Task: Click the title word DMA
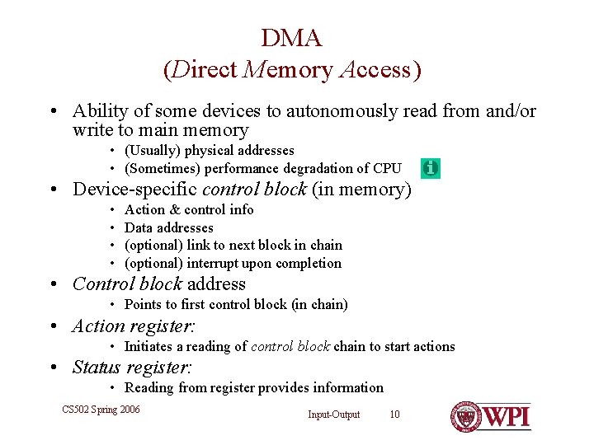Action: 291,38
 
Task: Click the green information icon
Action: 430,168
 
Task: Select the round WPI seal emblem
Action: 465,417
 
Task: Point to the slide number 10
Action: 394,415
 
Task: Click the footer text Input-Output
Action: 334,415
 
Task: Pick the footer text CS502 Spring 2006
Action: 101,410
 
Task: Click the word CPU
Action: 387,169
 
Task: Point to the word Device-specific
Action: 134,190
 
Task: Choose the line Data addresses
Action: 168,227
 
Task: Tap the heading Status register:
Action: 132,368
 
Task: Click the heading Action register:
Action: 133,326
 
